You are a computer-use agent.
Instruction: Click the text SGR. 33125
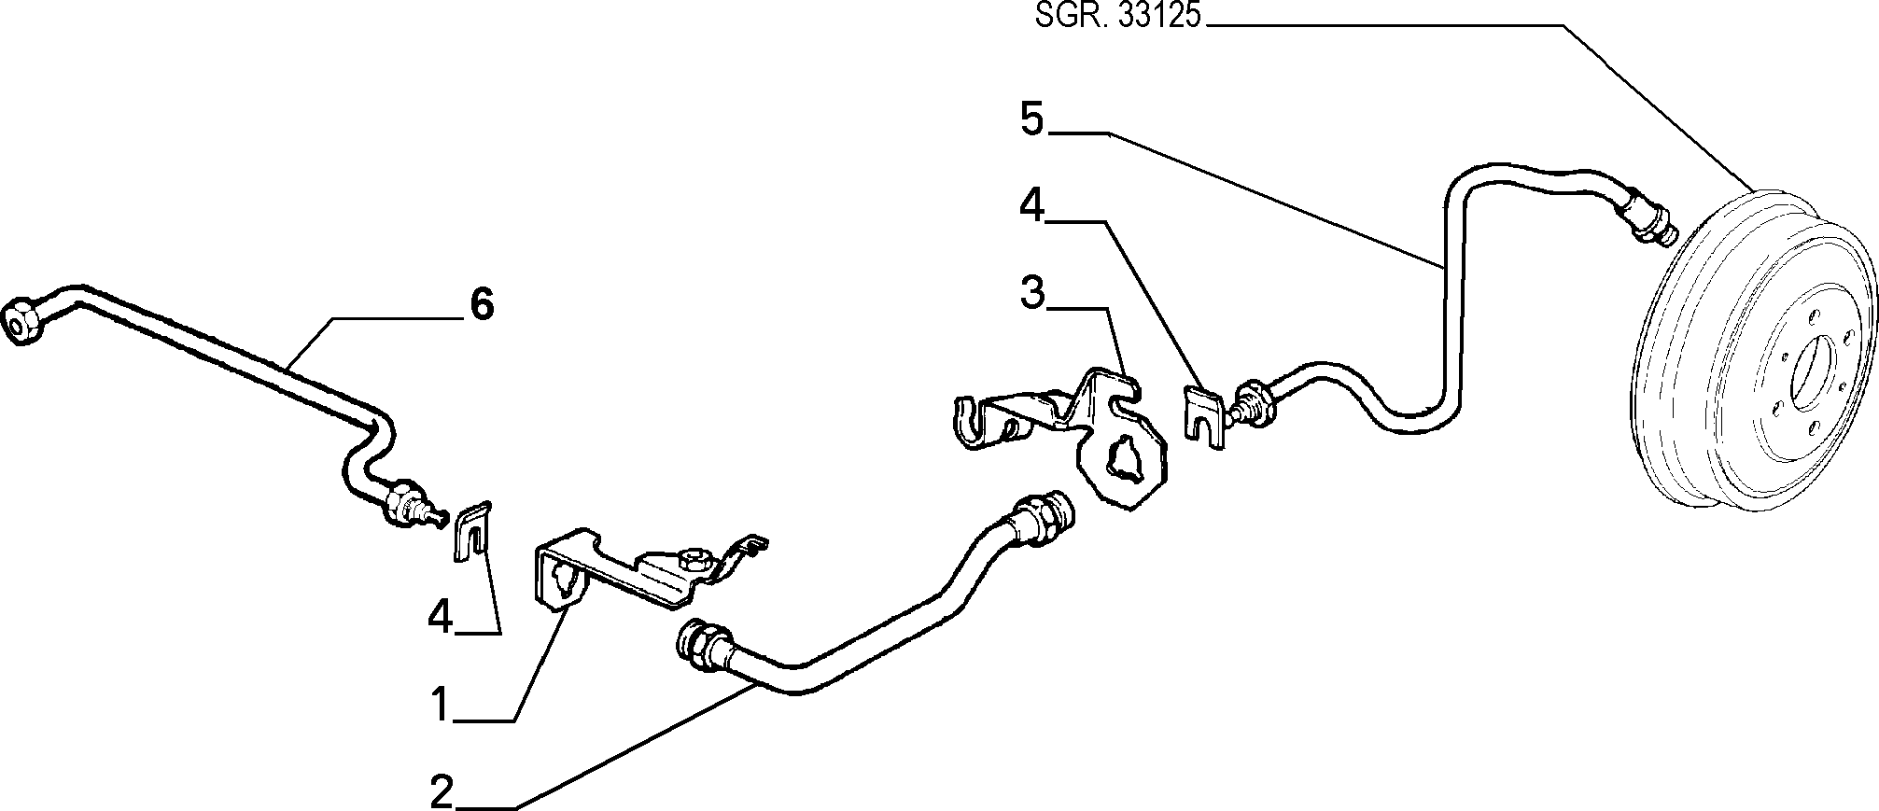1117,17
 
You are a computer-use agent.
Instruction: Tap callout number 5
1031,120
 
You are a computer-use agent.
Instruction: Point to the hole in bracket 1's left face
563,580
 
